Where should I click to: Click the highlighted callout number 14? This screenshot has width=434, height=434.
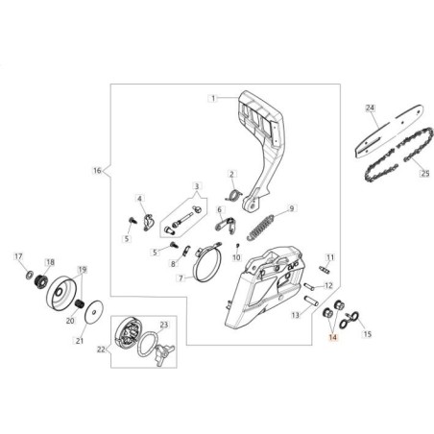point(333,337)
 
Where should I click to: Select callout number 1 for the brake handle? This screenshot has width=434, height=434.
point(213,98)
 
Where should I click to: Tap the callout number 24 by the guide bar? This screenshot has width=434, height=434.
point(370,108)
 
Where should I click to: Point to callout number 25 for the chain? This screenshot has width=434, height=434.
point(424,173)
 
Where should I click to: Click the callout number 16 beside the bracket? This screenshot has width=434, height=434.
point(97,171)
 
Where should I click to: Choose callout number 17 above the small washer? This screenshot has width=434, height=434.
point(18,256)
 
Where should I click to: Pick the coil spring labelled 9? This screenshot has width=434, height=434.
point(261,228)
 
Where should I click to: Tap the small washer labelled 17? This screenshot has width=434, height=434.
point(30,275)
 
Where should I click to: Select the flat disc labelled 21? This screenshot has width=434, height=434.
point(94,312)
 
